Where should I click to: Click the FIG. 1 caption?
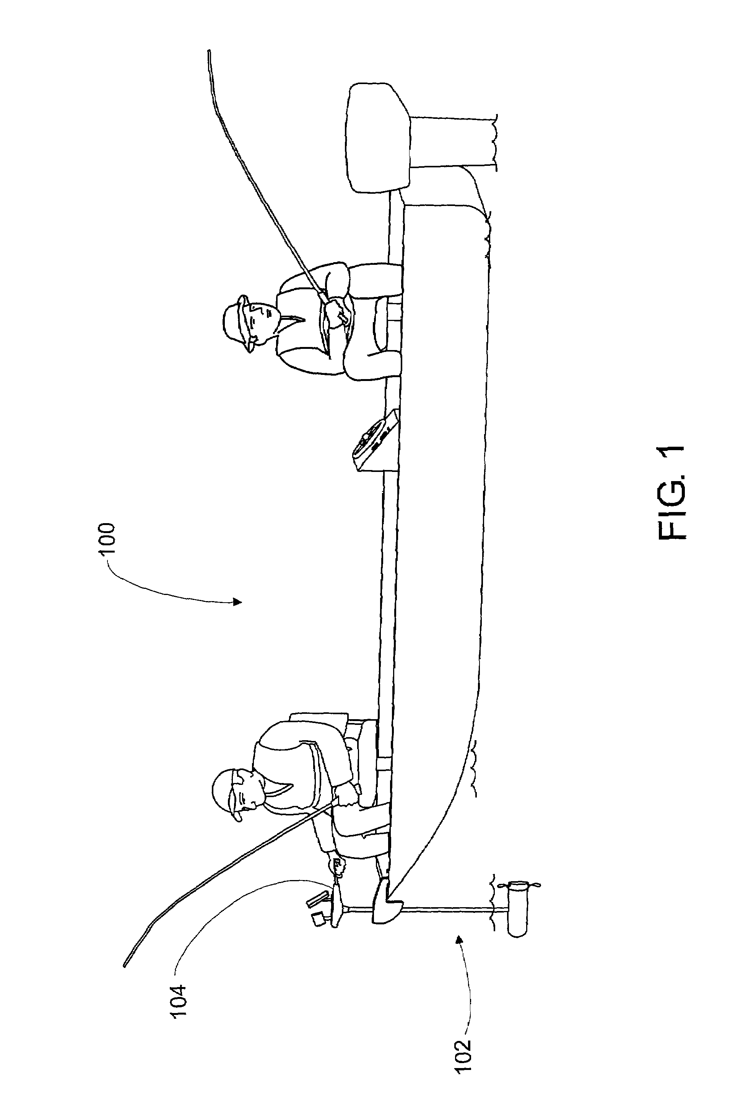[670, 493]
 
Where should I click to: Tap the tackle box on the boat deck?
[376, 440]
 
